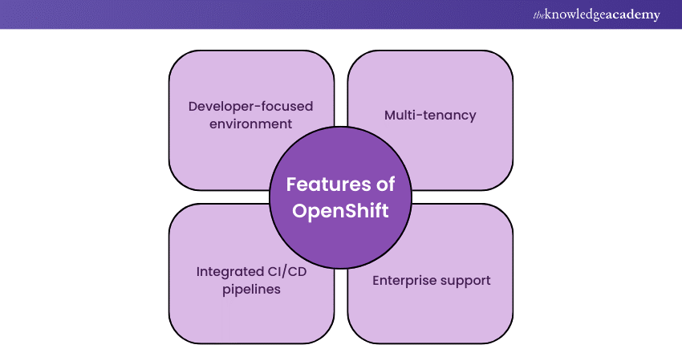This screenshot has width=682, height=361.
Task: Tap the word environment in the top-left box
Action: pos(250,124)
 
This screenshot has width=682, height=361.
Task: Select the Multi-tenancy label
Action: pos(430,116)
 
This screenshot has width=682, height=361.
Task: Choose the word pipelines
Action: pos(251,290)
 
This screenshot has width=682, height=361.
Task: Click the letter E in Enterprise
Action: pos(376,281)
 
